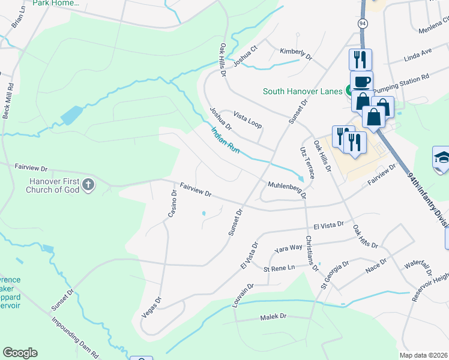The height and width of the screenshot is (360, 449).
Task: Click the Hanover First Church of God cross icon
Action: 88,184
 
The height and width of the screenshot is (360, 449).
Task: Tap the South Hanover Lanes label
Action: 302,92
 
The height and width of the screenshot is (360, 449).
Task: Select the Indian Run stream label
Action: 225,140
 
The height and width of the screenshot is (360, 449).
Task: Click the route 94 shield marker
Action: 362,23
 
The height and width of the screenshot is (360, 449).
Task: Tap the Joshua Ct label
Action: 245,55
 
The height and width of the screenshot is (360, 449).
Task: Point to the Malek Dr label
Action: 274,317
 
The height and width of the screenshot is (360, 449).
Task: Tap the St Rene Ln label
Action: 280,267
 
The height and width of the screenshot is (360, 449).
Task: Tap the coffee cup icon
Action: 361,81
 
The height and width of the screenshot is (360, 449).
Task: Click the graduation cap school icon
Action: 441,158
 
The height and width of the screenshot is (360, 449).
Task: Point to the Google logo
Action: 20,353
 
